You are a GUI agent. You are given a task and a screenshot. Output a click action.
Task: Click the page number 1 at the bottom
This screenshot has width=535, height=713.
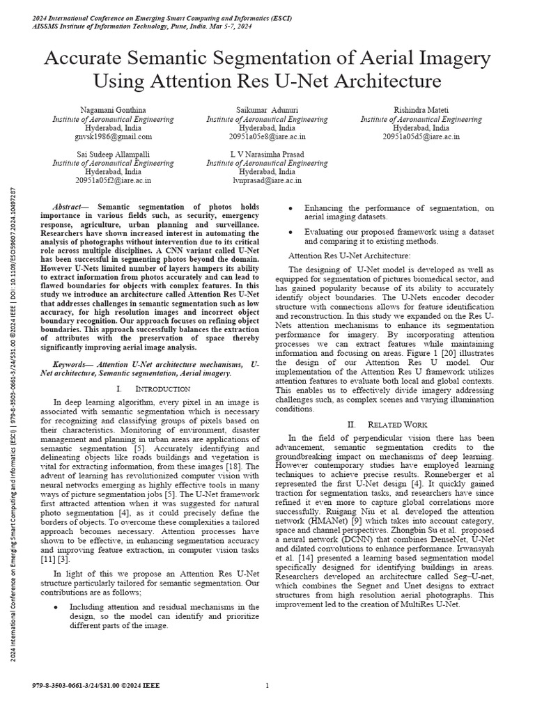(267, 686)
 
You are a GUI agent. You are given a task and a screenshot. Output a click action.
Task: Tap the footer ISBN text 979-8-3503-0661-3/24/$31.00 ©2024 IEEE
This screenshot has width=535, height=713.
(96, 686)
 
